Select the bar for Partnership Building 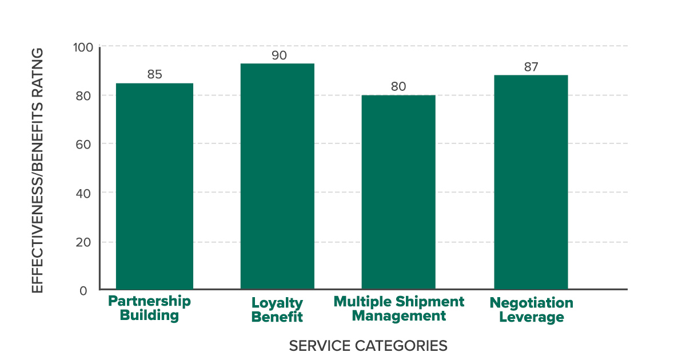point(154,186)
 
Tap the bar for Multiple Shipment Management point(398,192)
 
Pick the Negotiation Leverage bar point(531,182)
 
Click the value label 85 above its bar point(154,74)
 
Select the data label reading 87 point(532,66)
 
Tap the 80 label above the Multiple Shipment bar point(398,86)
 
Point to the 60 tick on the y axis point(83,144)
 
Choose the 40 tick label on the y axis point(83,193)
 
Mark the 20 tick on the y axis point(83,242)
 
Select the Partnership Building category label point(149,308)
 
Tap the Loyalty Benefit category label point(277,310)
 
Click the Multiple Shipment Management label point(399,308)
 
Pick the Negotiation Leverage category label point(532,310)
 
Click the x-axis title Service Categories point(368,346)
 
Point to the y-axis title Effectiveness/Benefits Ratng point(38,170)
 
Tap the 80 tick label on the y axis point(83,96)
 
